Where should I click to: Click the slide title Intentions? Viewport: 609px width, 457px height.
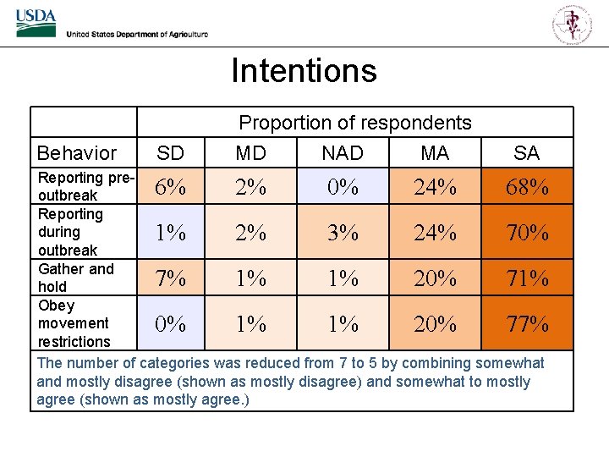click(304, 70)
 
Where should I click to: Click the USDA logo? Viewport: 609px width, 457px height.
click(36, 24)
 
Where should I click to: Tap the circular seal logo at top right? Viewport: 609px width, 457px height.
click(573, 23)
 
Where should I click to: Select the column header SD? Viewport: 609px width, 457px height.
click(171, 153)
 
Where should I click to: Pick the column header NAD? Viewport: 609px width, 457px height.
click(343, 153)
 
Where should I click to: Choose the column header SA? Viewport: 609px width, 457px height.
click(526, 153)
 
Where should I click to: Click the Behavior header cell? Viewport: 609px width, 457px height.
click(77, 153)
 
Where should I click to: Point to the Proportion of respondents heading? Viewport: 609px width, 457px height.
click(355, 123)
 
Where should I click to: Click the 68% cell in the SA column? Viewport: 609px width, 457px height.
click(527, 187)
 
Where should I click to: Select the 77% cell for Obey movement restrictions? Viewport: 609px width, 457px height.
click(527, 323)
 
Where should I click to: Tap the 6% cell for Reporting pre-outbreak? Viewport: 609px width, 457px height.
click(171, 187)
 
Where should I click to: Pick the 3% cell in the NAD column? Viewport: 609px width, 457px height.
click(343, 232)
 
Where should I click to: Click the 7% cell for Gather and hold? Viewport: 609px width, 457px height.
click(171, 278)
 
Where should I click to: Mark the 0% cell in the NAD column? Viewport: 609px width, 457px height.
click(343, 187)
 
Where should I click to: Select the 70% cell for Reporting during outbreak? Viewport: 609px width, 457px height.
click(527, 232)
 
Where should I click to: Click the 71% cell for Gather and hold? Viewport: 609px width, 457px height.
click(527, 278)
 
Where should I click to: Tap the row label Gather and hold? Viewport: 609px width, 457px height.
click(75, 278)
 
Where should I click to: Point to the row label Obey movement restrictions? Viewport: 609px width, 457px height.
click(74, 323)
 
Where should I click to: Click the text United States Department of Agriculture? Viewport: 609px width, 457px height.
click(137, 34)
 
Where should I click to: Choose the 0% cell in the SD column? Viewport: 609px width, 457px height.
click(171, 323)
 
